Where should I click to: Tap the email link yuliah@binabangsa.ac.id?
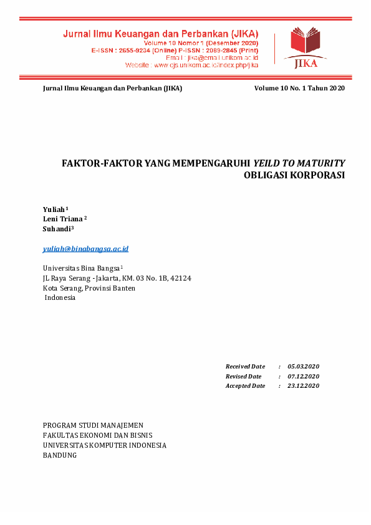pyautogui.click(x=85, y=249)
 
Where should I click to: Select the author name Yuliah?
pyautogui.click(x=54, y=209)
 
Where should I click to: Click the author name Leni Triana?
pyautogui.click(x=62, y=219)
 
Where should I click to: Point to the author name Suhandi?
pyautogui.click(x=57, y=229)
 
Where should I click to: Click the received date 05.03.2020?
pyautogui.click(x=303, y=366)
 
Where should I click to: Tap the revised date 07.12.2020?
pyautogui.click(x=303, y=376)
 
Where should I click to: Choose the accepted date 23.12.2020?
pyautogui.click(x=303, y=386)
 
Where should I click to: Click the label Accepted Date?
pyautogui.click(x=245, y=386)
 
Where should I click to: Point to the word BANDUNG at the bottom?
pyautogui.click(x=59, y=455)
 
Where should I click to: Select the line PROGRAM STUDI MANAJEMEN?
pyautogui.click(x=93, y=425)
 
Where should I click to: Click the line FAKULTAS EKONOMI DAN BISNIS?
pyautogui.click(x=97, y=435)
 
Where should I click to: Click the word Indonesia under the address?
pyautogui.click(x=60, y=298)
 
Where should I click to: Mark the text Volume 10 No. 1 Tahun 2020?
pyautogui.click(x=299, y=89)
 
